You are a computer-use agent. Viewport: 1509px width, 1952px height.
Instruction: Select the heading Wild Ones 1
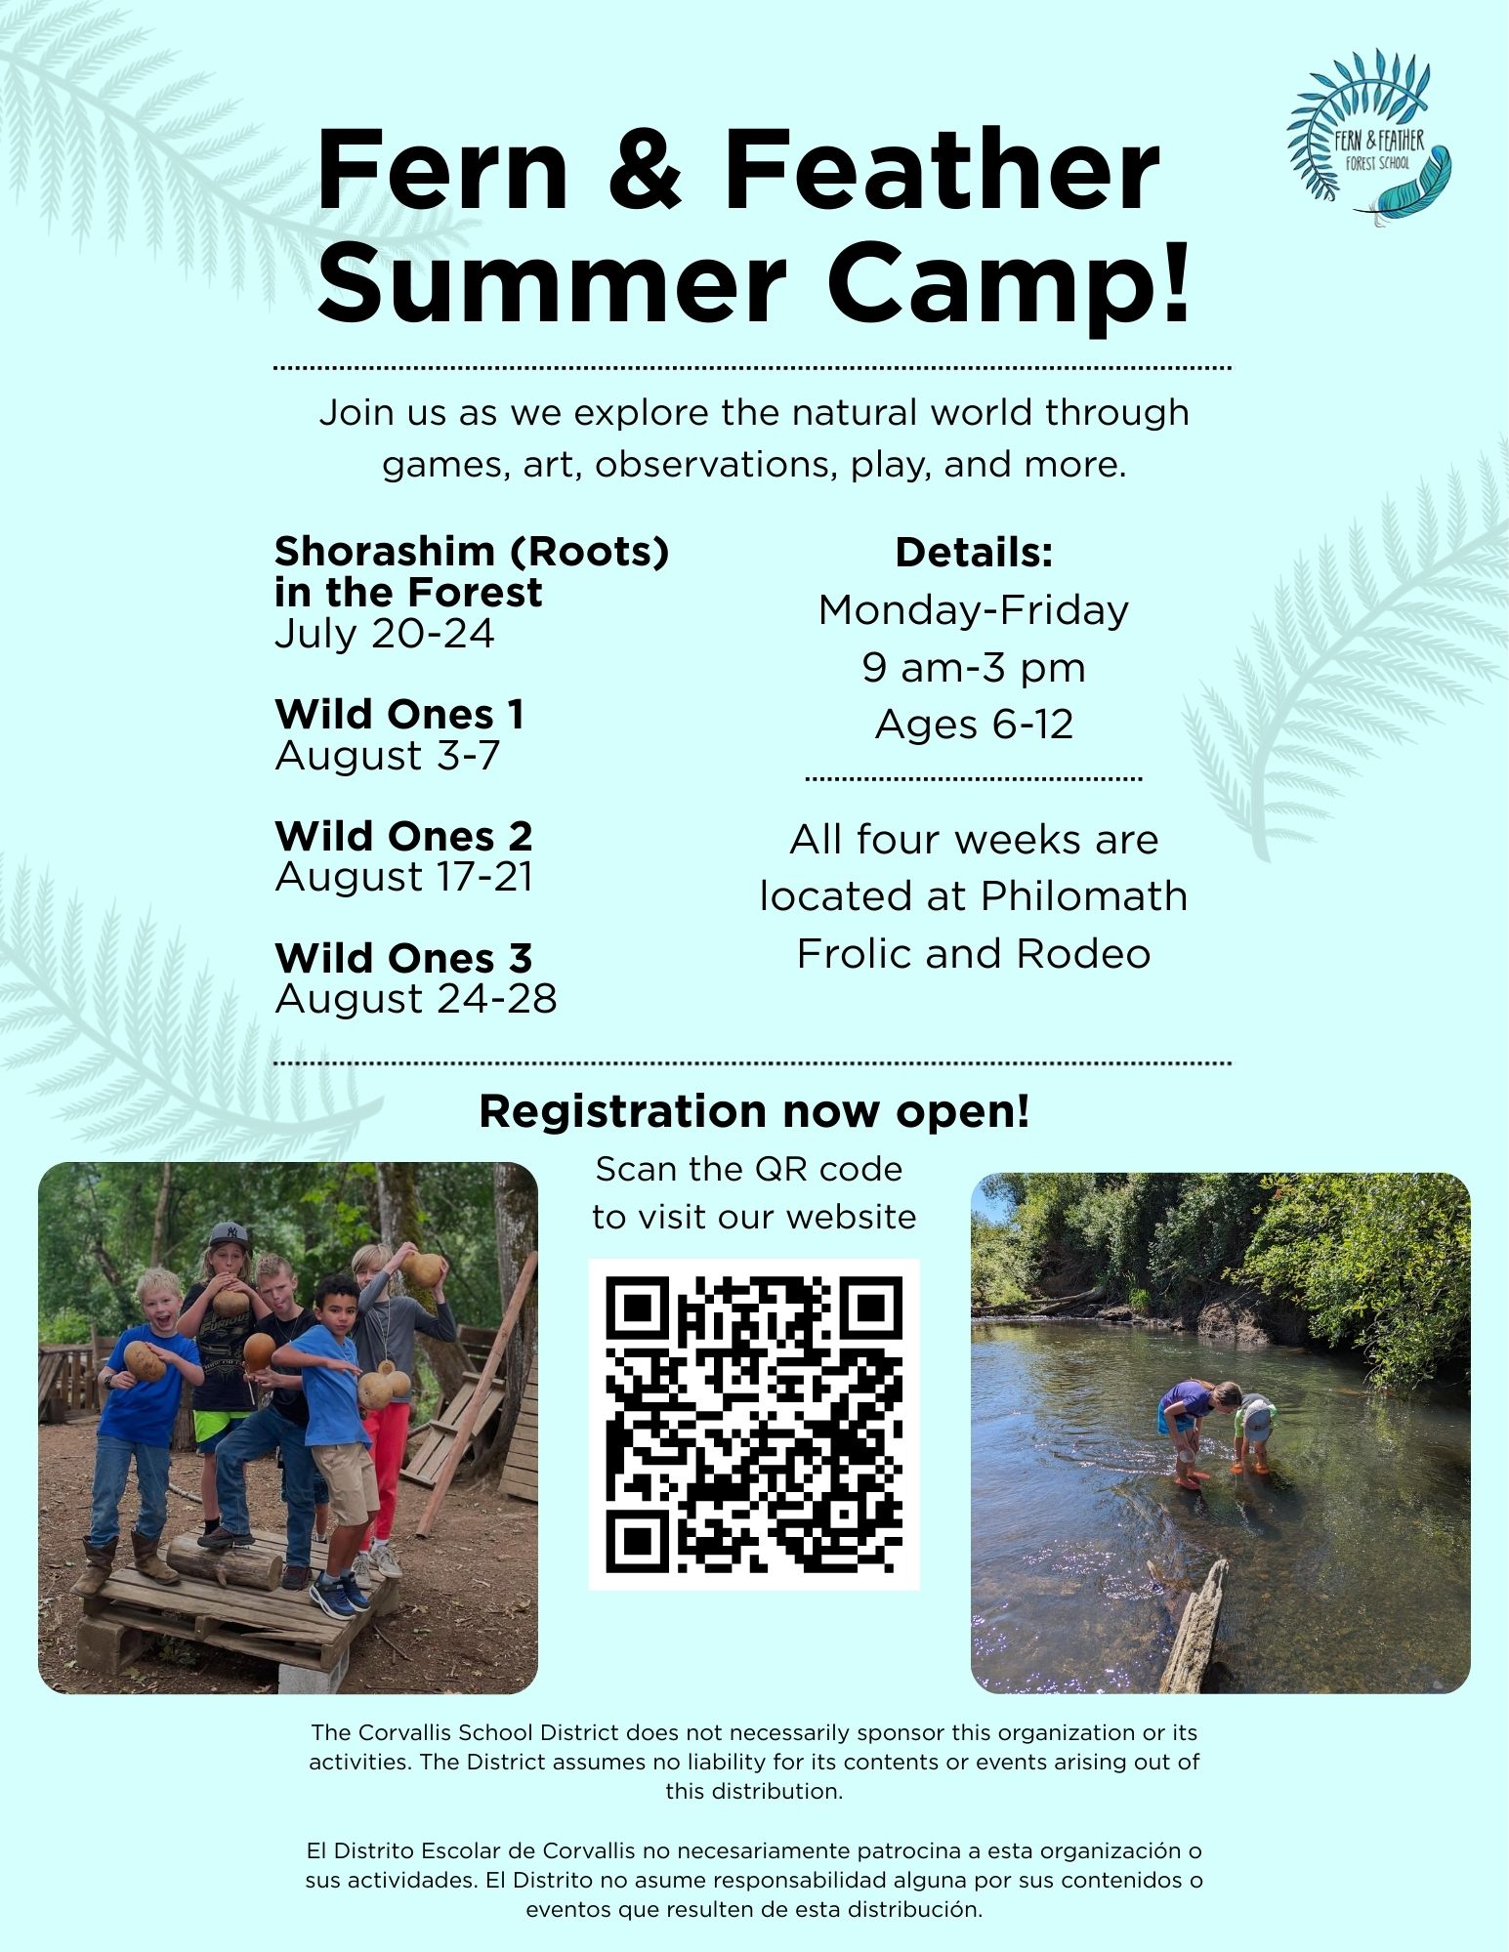pos(399,714)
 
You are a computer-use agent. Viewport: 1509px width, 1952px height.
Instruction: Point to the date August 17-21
pos(404,877)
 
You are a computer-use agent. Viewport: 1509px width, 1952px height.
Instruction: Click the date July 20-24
pos(385,634)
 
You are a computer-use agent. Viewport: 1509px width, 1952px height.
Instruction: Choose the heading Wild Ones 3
pos(403,958)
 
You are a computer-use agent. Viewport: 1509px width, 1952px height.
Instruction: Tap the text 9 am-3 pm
pos(974,668)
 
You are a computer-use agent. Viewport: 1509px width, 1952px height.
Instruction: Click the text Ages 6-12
pos(974,725)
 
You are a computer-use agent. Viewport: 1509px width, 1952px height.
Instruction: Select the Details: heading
pos(974,553)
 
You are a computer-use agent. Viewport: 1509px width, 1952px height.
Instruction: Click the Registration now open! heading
pos(754,1111)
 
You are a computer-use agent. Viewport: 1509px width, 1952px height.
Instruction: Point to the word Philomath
pos(1084,896)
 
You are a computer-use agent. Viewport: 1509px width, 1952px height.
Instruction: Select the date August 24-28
pos(416,999)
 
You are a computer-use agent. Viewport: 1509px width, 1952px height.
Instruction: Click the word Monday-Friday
pos(974,611)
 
